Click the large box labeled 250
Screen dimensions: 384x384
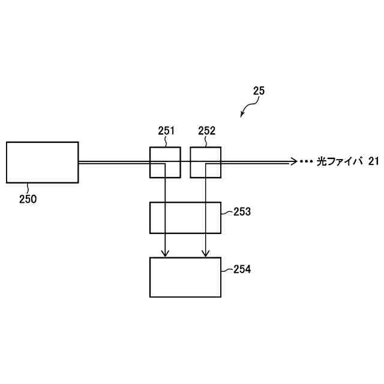click(x=42, y=162)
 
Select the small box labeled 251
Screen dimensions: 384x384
click(x=157, y=155)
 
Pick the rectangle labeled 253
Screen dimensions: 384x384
click(x=185, y=217)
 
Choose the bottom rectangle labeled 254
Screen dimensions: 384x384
click(x=185, y=277)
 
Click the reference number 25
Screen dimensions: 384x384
click(x=259, y=91)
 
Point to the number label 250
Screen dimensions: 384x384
click(x=27, y=199)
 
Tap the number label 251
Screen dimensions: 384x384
click(x=166, y=131)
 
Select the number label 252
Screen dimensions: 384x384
click(x=206, y=131)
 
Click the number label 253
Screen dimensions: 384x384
click(x=242, y=212)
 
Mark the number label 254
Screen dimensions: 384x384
click(x=242, y=270)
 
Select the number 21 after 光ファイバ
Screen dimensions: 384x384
click(x=373, y=161)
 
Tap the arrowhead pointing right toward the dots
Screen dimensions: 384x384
click(x=293, y=161)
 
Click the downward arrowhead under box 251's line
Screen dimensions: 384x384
click(x=165, y=254)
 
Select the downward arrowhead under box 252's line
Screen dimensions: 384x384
click(x=206, y=254)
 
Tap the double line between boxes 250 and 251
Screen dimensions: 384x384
click(x=114, y=162)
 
